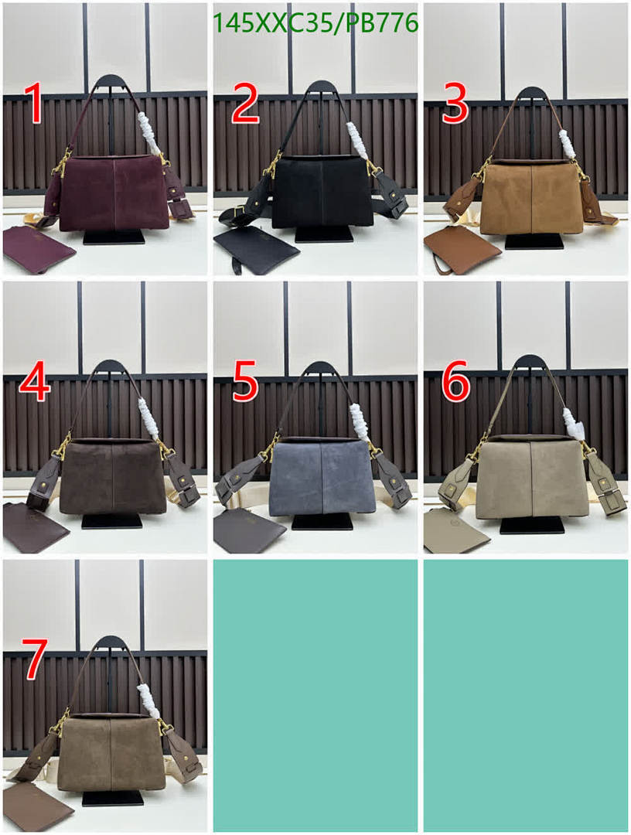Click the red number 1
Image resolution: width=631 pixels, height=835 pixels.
(33, 104)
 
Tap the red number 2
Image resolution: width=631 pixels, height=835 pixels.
(244, 104)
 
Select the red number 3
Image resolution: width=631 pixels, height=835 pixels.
(455, 104)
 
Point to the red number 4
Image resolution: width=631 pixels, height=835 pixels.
(35, 382)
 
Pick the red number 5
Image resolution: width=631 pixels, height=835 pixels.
(244, 382)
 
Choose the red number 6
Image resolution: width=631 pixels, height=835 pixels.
(455, 382)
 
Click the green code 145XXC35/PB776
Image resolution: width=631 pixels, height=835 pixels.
(315, 23)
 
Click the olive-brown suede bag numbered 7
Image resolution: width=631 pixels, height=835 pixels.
(112, 754)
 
